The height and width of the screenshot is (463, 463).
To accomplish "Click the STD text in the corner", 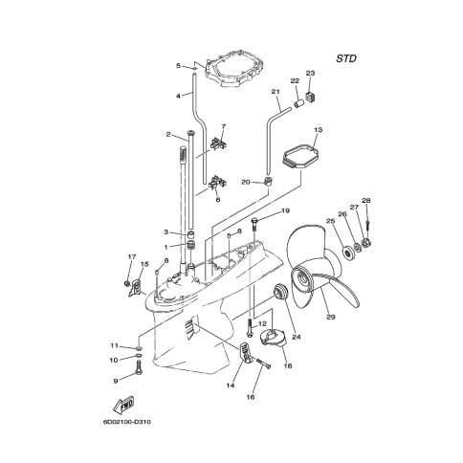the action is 346,58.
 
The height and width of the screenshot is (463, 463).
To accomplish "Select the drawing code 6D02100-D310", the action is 126,422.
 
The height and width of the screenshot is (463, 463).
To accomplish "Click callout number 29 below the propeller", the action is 331,317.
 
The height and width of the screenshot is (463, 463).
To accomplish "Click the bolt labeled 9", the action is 139,367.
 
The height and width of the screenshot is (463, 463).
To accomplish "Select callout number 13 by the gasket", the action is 318,130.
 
